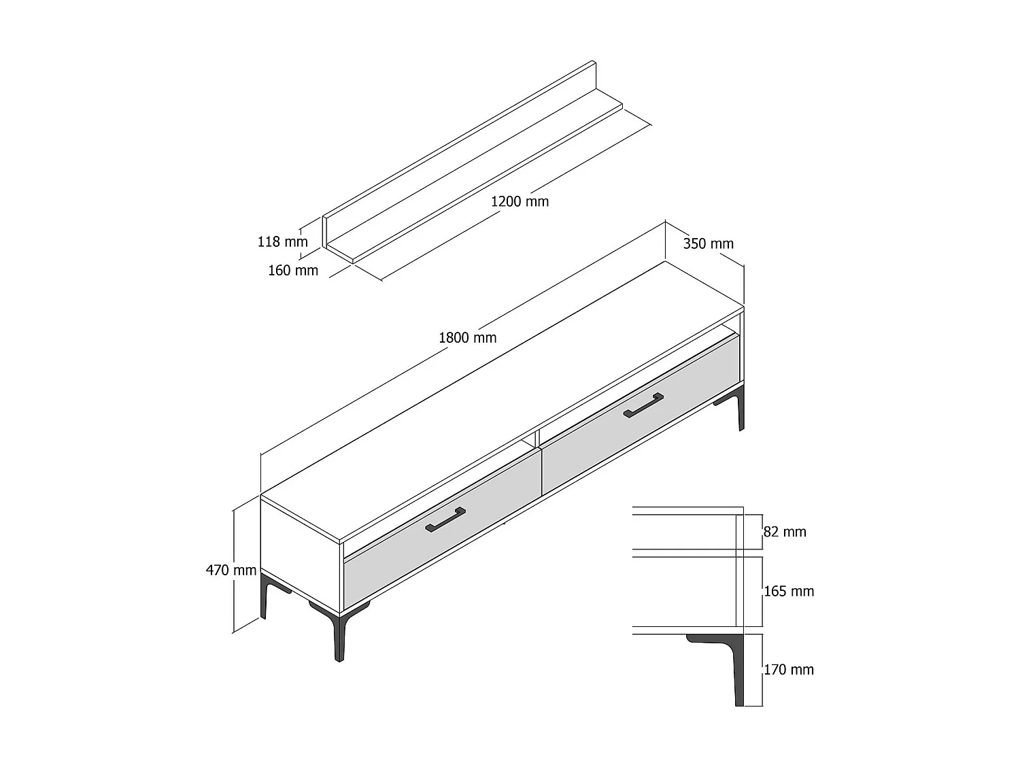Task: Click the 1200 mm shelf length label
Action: pyautogui.click(x=520, y=201)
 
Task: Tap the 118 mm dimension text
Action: pyautogui.click(x=282, y=241)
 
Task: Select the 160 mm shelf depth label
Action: pyautogui.click(x=292, y=271)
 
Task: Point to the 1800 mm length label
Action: pyautogui.click(x=467, y=337)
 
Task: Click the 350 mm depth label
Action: pyautogui.click(x=708, y=243)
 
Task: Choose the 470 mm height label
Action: pyautogui.click(x=231, y=570)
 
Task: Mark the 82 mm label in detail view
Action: pyautogui.click(x=785, y=532)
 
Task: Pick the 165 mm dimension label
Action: pyautogui.click(x=789, y=592)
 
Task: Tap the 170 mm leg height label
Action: pyautogui.click(x=788, y=670)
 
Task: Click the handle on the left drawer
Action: pyautogui.click(x=445, y=519)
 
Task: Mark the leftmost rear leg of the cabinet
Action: pyautogui.click(x=265, y=596)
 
